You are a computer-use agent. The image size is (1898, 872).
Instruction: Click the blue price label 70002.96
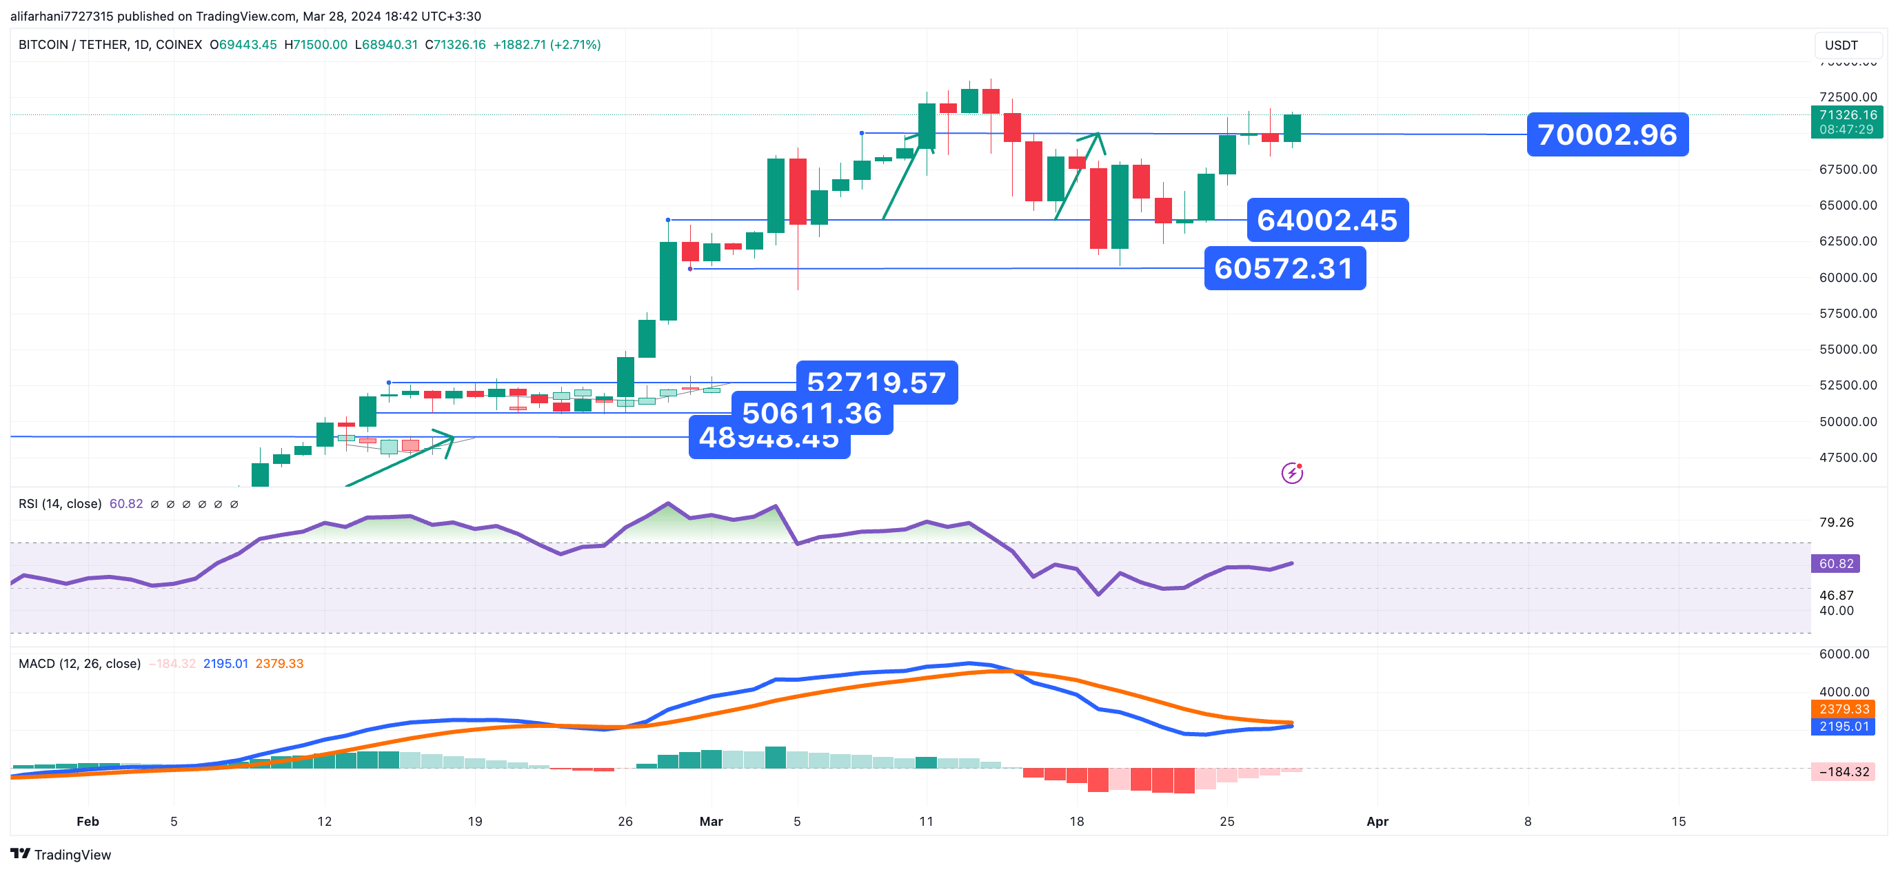pos(1607,135)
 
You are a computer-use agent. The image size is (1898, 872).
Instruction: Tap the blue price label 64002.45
pos(1327,220)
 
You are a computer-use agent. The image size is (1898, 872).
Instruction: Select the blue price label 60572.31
pos(1284,269)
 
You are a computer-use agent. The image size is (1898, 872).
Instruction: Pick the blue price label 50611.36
pos(812,414)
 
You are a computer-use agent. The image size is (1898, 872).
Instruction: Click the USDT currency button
pos(1841,45)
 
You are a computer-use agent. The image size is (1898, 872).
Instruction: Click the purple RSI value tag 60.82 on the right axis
pos(1835,564)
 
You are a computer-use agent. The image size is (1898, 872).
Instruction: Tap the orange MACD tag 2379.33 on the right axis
pos(1844,709)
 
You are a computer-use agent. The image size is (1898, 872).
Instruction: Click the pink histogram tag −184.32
pos(1844,772)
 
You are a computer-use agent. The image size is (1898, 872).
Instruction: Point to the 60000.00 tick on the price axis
pos(1848,278)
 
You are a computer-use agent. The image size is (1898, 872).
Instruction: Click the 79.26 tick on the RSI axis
pos(1836,523)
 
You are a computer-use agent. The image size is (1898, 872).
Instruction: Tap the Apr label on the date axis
pos(1377,822)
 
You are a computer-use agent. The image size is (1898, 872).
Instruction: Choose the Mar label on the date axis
pos(711,822)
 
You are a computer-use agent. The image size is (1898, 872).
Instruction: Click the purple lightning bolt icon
pos(1291,474)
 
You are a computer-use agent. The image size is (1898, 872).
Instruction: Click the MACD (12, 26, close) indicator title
pos(79,665)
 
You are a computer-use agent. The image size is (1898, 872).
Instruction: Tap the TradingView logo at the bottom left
pos(61,855)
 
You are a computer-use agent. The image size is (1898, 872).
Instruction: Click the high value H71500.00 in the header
pos(316,45)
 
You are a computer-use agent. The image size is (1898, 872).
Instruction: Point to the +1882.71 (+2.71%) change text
pos(547,45)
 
